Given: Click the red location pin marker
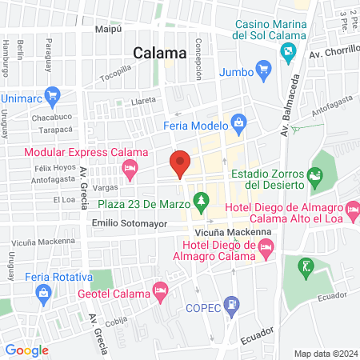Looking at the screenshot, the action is (x=180, y=164).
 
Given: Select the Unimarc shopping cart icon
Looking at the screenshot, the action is (x=53, y=95).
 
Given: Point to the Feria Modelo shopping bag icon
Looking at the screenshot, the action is (x=238, y=123).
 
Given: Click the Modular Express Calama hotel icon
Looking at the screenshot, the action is (x=128, y=167).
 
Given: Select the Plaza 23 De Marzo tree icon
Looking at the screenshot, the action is (x=202, y=198).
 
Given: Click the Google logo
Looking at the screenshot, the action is (x=26, y=350).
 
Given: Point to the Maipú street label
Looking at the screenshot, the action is (x=107, y=29).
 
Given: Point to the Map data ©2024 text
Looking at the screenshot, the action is (x=325, y=353).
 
